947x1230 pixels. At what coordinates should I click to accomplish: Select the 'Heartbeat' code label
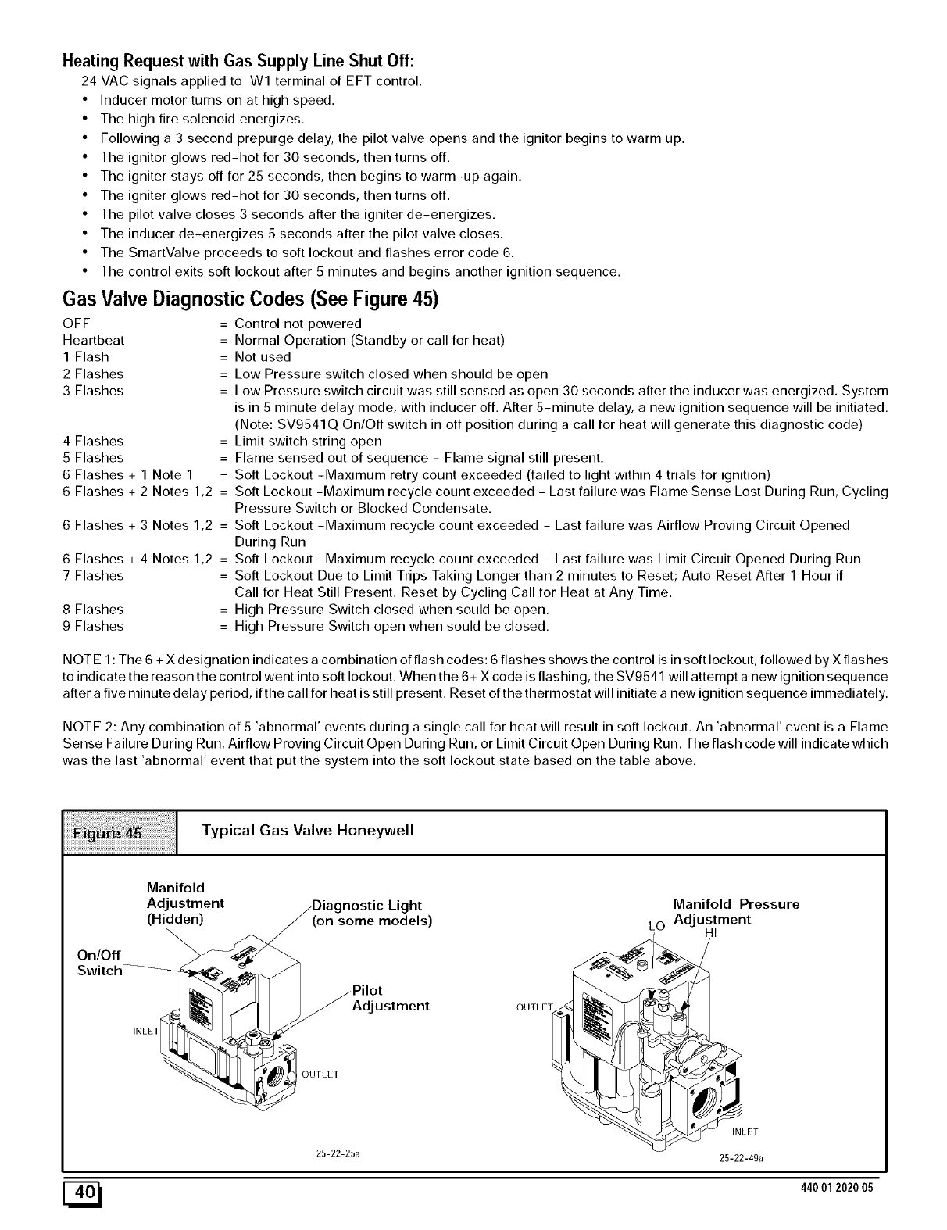pos(93,341)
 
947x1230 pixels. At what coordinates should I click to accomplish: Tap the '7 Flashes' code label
pos(93,576)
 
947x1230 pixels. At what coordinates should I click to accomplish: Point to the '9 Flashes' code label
pos(93,626)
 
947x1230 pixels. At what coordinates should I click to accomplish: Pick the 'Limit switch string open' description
pos(308,442)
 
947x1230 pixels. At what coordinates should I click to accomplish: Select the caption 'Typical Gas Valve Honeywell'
pos(307,830)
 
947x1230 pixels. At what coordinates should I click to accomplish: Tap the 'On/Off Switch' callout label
pos(99,963)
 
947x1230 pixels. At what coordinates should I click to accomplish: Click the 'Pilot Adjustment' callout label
pos(391,997)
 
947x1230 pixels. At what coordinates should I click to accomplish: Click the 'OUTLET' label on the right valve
pos(534,1006)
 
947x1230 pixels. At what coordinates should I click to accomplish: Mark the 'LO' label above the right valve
pos(656,926)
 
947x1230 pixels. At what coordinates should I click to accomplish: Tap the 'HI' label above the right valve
pos(710,932)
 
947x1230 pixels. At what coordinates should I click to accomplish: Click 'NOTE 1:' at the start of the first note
pos(88,660)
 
